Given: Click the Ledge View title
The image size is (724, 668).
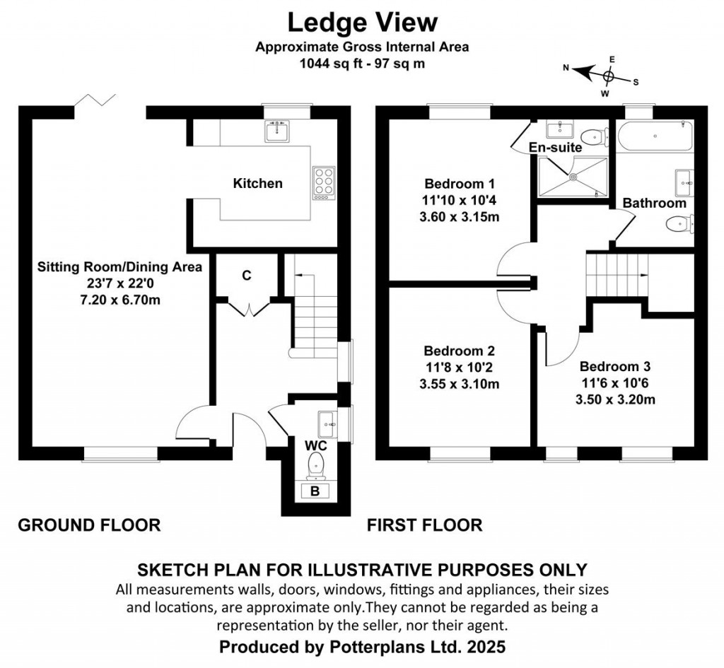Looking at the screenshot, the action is (x=363, y=23).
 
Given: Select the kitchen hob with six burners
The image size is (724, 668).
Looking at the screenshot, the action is (x=324, y=183).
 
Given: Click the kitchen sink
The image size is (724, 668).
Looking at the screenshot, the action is (x=277, y=131).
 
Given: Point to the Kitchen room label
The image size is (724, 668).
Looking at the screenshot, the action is (x=257, y=183).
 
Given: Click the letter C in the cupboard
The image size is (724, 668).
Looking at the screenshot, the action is (x=247, y=276).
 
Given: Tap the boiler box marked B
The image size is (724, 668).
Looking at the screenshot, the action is (x=315, y=491).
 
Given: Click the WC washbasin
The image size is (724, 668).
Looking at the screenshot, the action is (x=327, y=424).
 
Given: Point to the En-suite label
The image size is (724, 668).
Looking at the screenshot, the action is (x=555, y=147).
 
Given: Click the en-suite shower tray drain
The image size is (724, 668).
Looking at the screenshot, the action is (x=573, y=176).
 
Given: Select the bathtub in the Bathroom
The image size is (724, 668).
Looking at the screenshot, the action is (x=655, y=136).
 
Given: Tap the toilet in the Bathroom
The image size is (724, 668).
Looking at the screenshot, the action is (x=680, y=224).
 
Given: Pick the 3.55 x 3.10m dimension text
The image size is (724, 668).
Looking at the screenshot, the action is (x=460, y=384).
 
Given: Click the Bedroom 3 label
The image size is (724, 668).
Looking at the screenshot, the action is (x=615, y=367).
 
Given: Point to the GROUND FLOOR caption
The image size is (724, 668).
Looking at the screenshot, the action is (x=89, y=525).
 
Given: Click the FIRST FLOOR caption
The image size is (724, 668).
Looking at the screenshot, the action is (x=425, y=525).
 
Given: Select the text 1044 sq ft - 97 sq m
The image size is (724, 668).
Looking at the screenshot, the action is (x=363, y=64).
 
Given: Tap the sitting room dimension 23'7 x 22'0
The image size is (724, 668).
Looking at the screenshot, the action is (x=120, y=283).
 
